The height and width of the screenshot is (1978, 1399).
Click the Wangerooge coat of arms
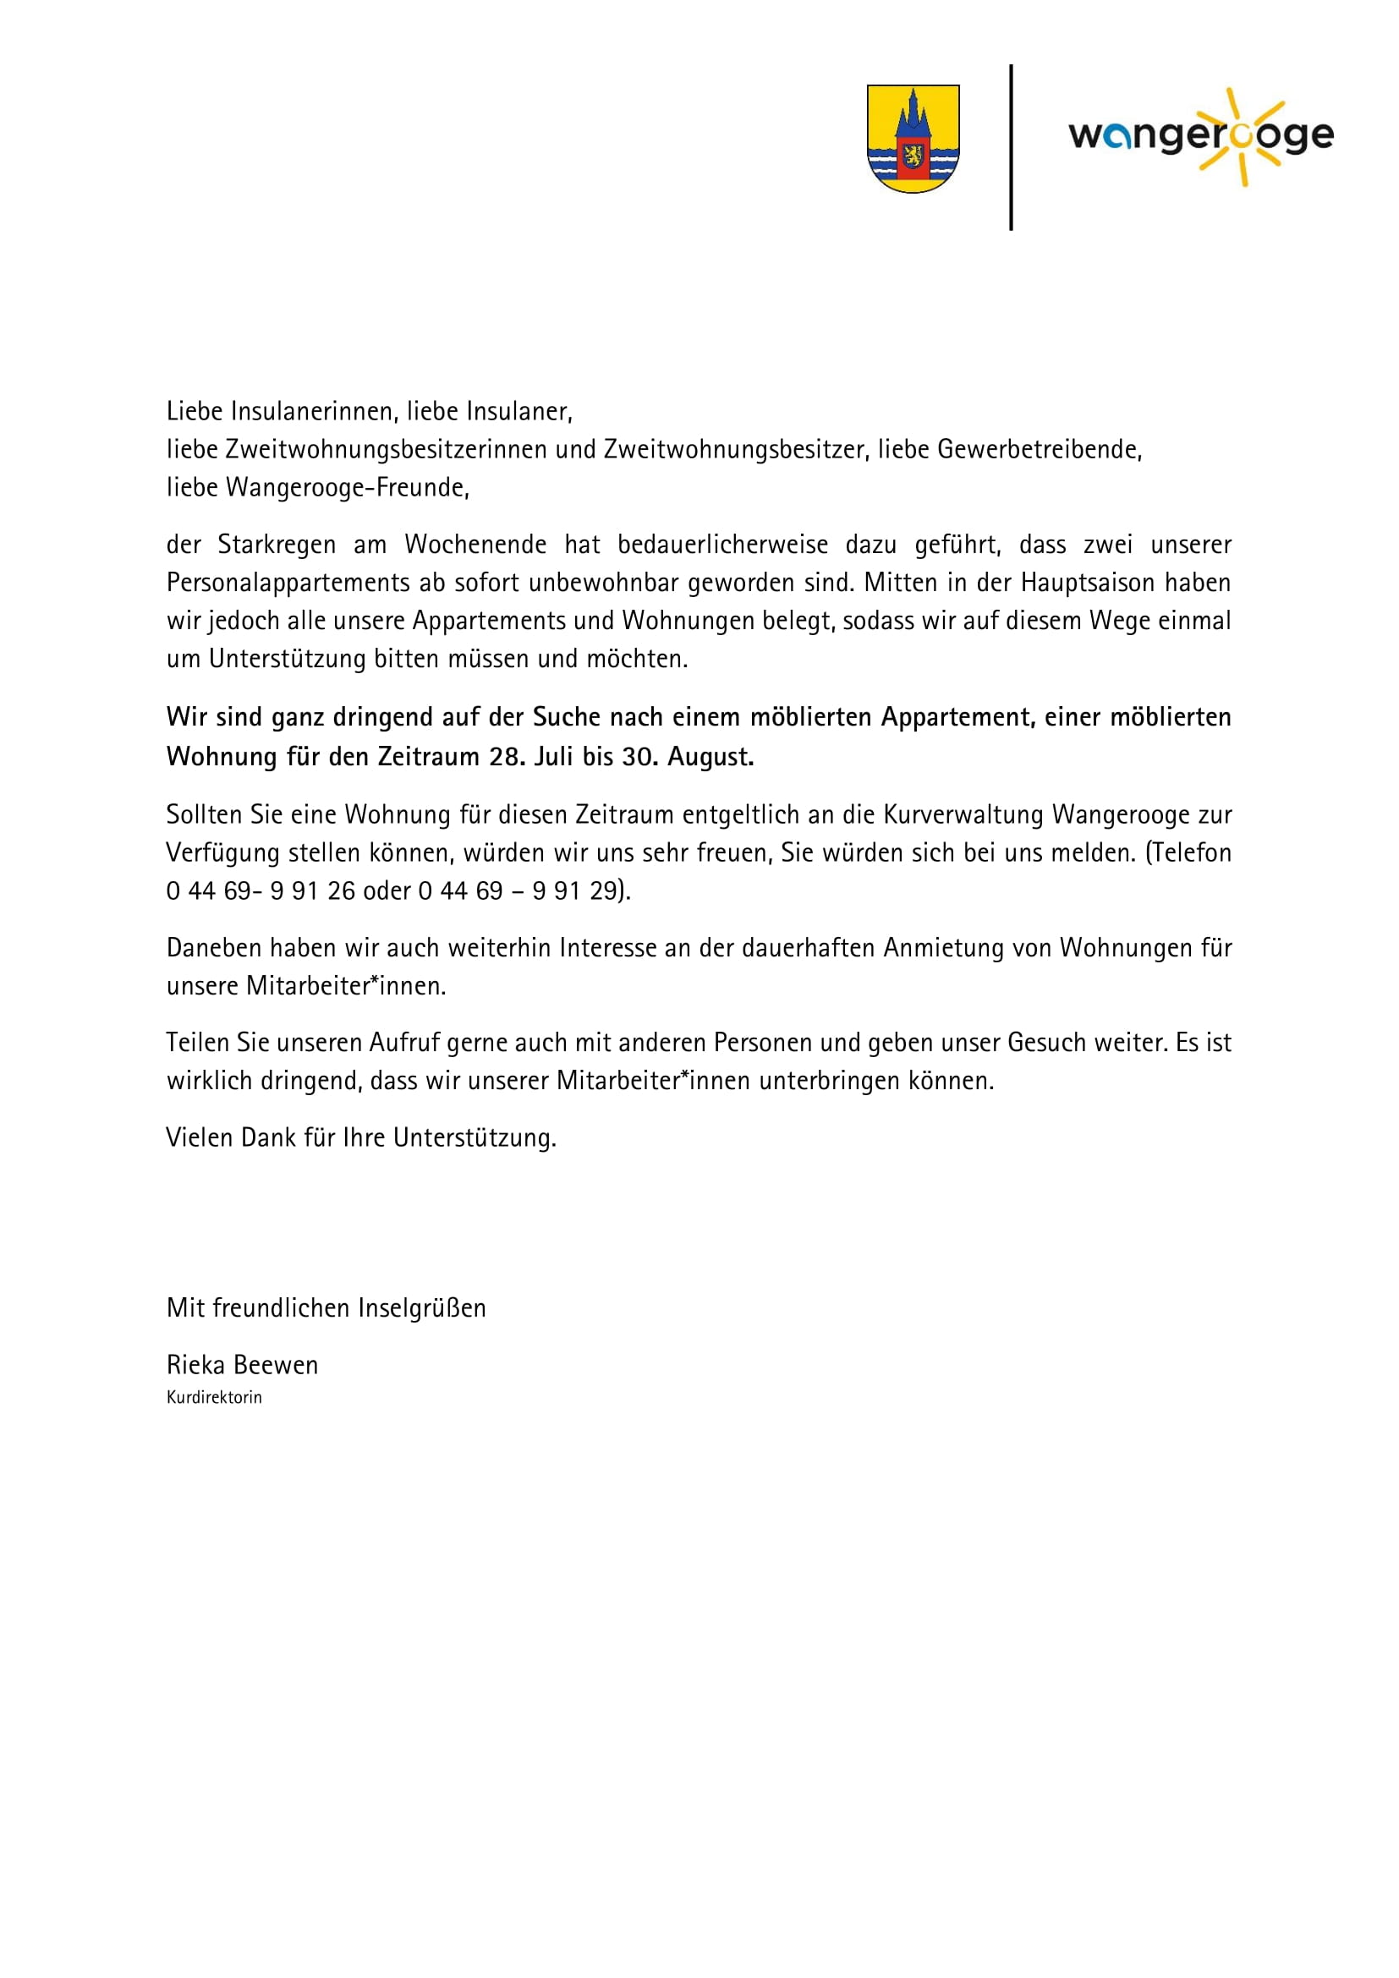[x=913, y=139]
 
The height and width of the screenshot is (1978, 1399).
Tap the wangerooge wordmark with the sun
[x=1201, y=136]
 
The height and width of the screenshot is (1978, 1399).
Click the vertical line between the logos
[x=1011, y=146]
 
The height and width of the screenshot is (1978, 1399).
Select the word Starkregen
[x=277, y=545]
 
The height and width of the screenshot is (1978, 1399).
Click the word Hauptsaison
[x=1087, y=584]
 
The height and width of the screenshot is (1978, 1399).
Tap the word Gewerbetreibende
[x=1038, y=450]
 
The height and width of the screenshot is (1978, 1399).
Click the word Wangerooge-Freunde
[x=346, y=488]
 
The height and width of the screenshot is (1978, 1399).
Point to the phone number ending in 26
[x=261, y=890]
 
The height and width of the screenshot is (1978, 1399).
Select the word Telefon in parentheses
[x=1191, y=853]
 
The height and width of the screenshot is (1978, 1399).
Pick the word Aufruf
[x=403, y=1043]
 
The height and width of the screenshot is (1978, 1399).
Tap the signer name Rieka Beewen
[x=242, y=1365]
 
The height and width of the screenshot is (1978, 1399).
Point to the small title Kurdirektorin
[x=215, y=1397]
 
